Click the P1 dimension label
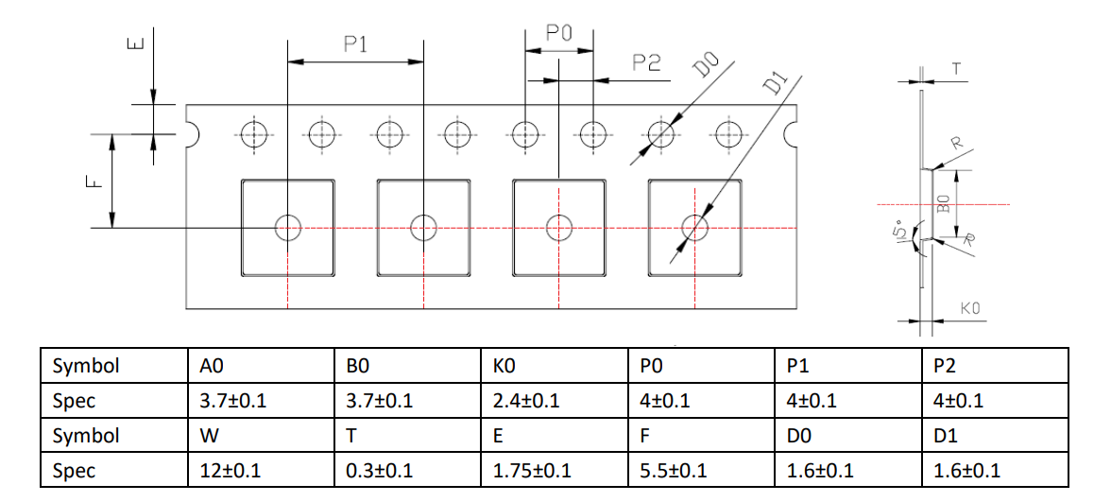pyautogui.click(x=355, y=44)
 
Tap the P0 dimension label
pyautogui.click(x=559, y=33)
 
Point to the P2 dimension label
pyautogui.click(x=646, y=62)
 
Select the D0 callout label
pyautogui.click(x=706, y=67)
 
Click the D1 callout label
pyautogui.click(x=775, y=83)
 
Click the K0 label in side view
pyautogui.click(x=970, y=308)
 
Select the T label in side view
pyautogui.click(x=957, y=68)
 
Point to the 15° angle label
pyautogui.click(x=900, y=231)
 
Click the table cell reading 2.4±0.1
pyautogui.click(x=555, y=400)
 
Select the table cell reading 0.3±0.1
pyautogui.click(x=408, y=470)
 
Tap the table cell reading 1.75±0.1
pyautogui.click(x=555, y=470)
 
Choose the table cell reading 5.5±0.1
pyautogui.click(x=702, y=470)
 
